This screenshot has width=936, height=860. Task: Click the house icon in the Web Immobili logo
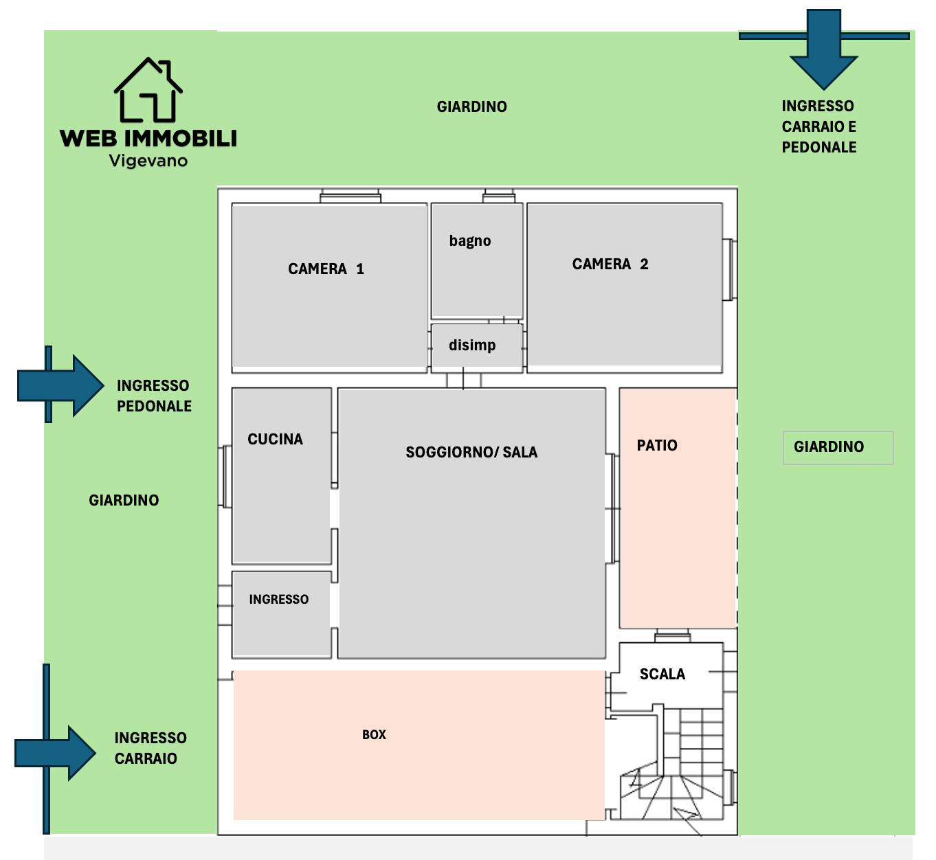(148, 89)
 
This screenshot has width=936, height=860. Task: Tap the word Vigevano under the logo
(148, 161)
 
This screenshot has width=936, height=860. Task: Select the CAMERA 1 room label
(326, 269)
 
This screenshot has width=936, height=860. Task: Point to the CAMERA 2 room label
(610, 264)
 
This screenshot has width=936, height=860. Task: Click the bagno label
(470, 240)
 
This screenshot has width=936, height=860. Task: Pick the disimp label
(472, 345)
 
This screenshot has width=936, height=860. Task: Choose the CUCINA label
(276, 439)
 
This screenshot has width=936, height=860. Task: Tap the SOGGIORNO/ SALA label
(471, 452)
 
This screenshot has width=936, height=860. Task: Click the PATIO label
(657, 445)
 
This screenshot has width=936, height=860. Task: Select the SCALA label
(662, 674)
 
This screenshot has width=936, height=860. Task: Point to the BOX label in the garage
(375, 734)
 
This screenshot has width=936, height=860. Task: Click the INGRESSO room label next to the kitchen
(278, 599)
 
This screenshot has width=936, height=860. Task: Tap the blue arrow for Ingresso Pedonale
(60, 385)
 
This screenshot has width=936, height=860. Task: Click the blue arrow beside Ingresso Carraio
(55, 753)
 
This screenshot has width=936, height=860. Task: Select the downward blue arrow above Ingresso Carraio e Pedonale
(823, 49)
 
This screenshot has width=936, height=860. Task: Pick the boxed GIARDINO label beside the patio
(838, 447)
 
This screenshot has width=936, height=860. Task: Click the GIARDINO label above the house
(471, 106)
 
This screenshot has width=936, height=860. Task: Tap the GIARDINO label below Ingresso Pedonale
(124, 501)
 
